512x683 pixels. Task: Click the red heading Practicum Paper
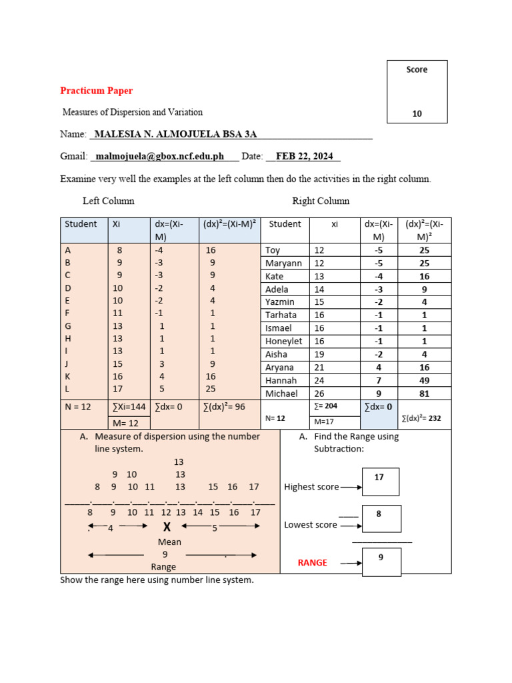pos(96,91)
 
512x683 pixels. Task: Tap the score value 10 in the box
pos(417,114)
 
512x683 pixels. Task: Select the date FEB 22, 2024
pos(304,157)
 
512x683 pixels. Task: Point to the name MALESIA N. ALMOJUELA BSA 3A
pos(175,134)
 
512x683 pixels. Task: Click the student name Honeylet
pos(285,341)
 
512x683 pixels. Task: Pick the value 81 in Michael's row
pos(424,394)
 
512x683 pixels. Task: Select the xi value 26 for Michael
pos(319,394)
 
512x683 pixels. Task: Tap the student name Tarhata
pos(281,315)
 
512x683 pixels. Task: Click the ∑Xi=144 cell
pos(128,406)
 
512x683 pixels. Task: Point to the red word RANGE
pos(312,563)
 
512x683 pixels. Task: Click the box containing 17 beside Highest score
pos(380,482)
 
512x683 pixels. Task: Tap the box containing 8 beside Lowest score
pos(381,519)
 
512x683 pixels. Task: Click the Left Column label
pos(108,201)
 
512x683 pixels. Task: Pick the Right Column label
pos(321,201)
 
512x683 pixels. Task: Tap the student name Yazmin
pos(280,302)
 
